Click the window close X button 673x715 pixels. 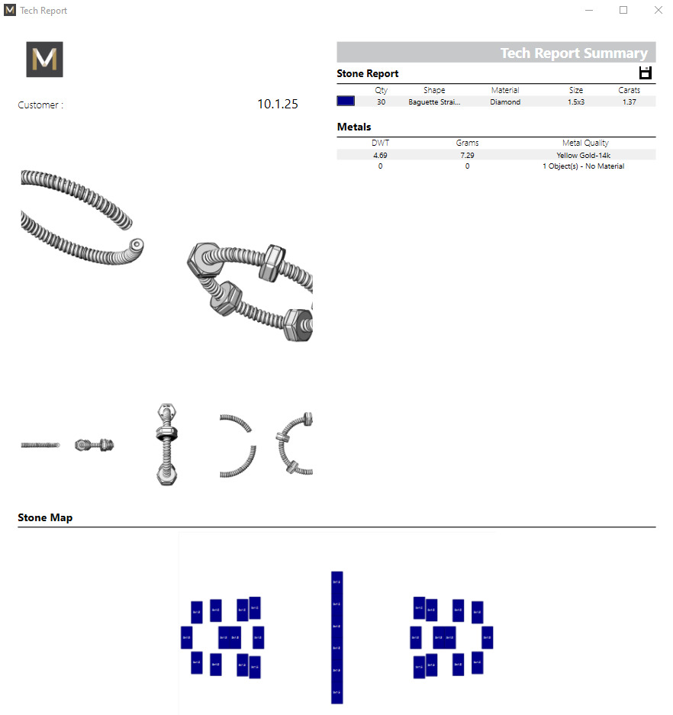(658, 11)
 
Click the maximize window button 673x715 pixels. (623, 11)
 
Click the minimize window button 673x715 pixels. (589, 11)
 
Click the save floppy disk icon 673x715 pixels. (646, 73)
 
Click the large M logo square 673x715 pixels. (44, 60)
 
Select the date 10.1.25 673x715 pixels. (278, 105)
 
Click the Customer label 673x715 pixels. (40, 105)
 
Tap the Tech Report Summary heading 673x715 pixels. (573, 53)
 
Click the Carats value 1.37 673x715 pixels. (629, 101)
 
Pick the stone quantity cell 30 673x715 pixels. (381, 101)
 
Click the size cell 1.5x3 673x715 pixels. (576, 101)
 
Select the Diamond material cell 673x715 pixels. (505, 101)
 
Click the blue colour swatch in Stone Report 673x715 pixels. (346, 101)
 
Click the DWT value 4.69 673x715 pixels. (380, 155)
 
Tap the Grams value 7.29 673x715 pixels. (467, 155)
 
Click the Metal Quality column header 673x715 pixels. (585, 143)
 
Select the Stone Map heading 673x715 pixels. (45, 517)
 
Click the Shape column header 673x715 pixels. (434, 90)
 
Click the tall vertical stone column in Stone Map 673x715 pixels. (336, 637)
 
